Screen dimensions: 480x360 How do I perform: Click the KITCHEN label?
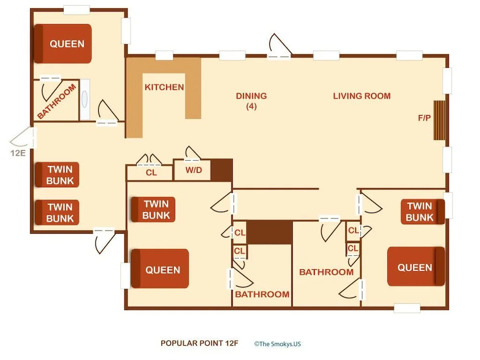[164, 87]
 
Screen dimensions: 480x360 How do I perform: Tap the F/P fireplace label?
[424, 118]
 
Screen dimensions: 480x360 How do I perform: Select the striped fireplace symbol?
[440, 120]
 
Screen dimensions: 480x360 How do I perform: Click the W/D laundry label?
[193, 170]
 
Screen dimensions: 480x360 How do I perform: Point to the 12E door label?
[18, 153]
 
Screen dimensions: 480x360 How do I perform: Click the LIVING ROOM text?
[362, 96]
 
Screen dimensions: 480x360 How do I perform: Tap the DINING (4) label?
[252, 101]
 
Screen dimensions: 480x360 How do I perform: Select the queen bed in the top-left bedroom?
[63, 44]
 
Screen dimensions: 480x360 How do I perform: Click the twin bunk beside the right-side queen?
[423, 212]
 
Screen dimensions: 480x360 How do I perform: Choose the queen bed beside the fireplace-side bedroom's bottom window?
[416, 266]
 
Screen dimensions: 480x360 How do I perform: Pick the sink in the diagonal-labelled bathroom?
[85, 100]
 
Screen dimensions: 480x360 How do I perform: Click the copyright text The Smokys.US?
[277, 344]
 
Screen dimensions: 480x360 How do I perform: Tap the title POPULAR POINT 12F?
[199, 344]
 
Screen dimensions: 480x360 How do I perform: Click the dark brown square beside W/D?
[222, 169]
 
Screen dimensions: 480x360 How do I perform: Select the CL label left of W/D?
[151, 173]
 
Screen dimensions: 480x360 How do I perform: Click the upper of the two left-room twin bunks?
[57, 175]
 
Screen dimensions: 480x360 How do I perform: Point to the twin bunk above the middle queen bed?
[153, 209]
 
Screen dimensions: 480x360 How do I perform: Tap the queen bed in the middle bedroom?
[160, 269]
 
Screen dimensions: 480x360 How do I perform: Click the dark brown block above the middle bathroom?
[269, 232]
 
